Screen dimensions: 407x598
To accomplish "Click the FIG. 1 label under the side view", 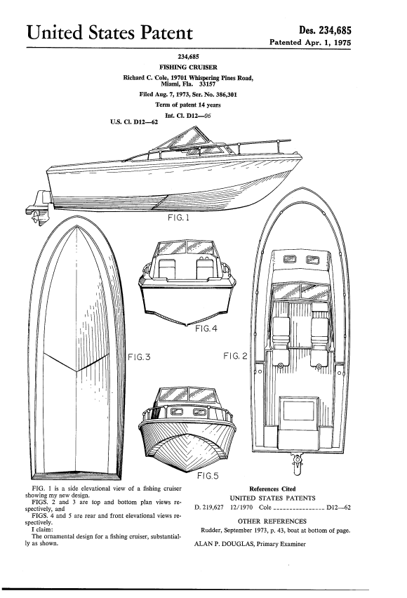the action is pos(178,218).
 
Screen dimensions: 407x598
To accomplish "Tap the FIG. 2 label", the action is pos(235,356).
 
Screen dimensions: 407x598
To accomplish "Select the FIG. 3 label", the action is pos(139,357).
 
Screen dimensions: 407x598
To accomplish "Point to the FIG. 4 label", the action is pos(206,328).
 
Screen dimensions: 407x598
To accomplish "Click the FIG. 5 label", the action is pos(208,476).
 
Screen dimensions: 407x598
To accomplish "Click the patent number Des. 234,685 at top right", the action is pos(325,30).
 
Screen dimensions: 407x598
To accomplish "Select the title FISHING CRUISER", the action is pos(189,67).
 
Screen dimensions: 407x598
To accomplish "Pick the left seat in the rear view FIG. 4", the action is pos(167,268).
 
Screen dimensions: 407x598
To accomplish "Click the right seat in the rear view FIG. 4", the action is pos(205,268).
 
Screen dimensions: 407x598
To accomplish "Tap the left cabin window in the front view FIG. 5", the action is pos(177,411).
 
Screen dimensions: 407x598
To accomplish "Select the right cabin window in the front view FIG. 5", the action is pos(199,411).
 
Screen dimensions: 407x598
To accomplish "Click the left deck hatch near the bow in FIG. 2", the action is pos(290,260).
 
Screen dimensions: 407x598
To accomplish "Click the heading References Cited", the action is pos(272,489).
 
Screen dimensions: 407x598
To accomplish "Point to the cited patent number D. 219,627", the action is pos(209,507).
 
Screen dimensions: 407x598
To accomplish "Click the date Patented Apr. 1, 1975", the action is pos(310,42).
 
